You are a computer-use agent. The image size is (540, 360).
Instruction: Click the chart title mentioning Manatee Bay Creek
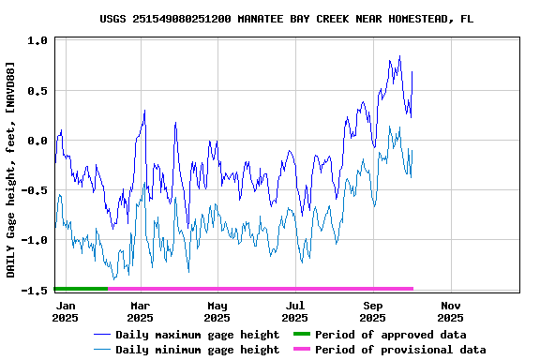tap(286, 18)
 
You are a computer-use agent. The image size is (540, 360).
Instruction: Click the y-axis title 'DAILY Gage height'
tap(10, 169)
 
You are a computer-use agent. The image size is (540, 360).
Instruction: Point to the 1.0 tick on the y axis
tap(37, 41)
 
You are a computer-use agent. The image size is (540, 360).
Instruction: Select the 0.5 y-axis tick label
tap(37, 91)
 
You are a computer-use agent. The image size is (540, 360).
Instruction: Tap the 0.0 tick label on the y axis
tap(37, 141)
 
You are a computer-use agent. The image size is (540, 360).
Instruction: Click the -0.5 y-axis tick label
tap(35, 190)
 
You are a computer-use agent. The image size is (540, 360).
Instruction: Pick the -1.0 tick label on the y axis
tap(35, 240)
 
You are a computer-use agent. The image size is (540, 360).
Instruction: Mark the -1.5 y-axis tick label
tap(35, 290)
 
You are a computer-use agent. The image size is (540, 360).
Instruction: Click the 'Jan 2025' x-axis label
tap(65, 311)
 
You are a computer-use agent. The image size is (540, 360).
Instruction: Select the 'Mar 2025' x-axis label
tap(140, 311)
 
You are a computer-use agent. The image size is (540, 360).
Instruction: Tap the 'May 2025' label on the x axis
tap(217, 311)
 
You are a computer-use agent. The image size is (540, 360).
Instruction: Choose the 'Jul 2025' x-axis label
tap(295, 311)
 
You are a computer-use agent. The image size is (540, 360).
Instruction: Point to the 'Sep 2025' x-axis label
tap(373, 311)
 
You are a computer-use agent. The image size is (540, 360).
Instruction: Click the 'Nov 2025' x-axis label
tap(451, 311)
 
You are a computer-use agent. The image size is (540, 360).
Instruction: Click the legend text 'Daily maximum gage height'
tap(197, 335)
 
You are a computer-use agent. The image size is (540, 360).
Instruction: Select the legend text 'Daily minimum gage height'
tap(197, 350)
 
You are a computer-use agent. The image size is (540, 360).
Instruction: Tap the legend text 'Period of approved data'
tap(390, 335)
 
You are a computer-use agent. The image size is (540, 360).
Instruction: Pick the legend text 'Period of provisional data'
tap(400, 350)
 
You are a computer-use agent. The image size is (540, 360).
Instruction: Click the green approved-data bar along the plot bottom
tap(81, 288)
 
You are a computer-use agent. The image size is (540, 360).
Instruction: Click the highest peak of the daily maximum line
tap(399, 56)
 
